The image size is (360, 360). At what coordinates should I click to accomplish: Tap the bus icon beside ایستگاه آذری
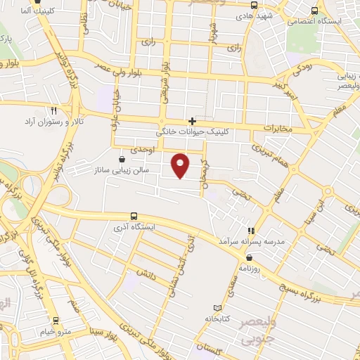pos(134,216)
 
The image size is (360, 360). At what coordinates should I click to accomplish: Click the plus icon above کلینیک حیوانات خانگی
pos(192,121)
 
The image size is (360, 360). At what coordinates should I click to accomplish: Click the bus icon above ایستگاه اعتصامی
pos(314,10)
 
